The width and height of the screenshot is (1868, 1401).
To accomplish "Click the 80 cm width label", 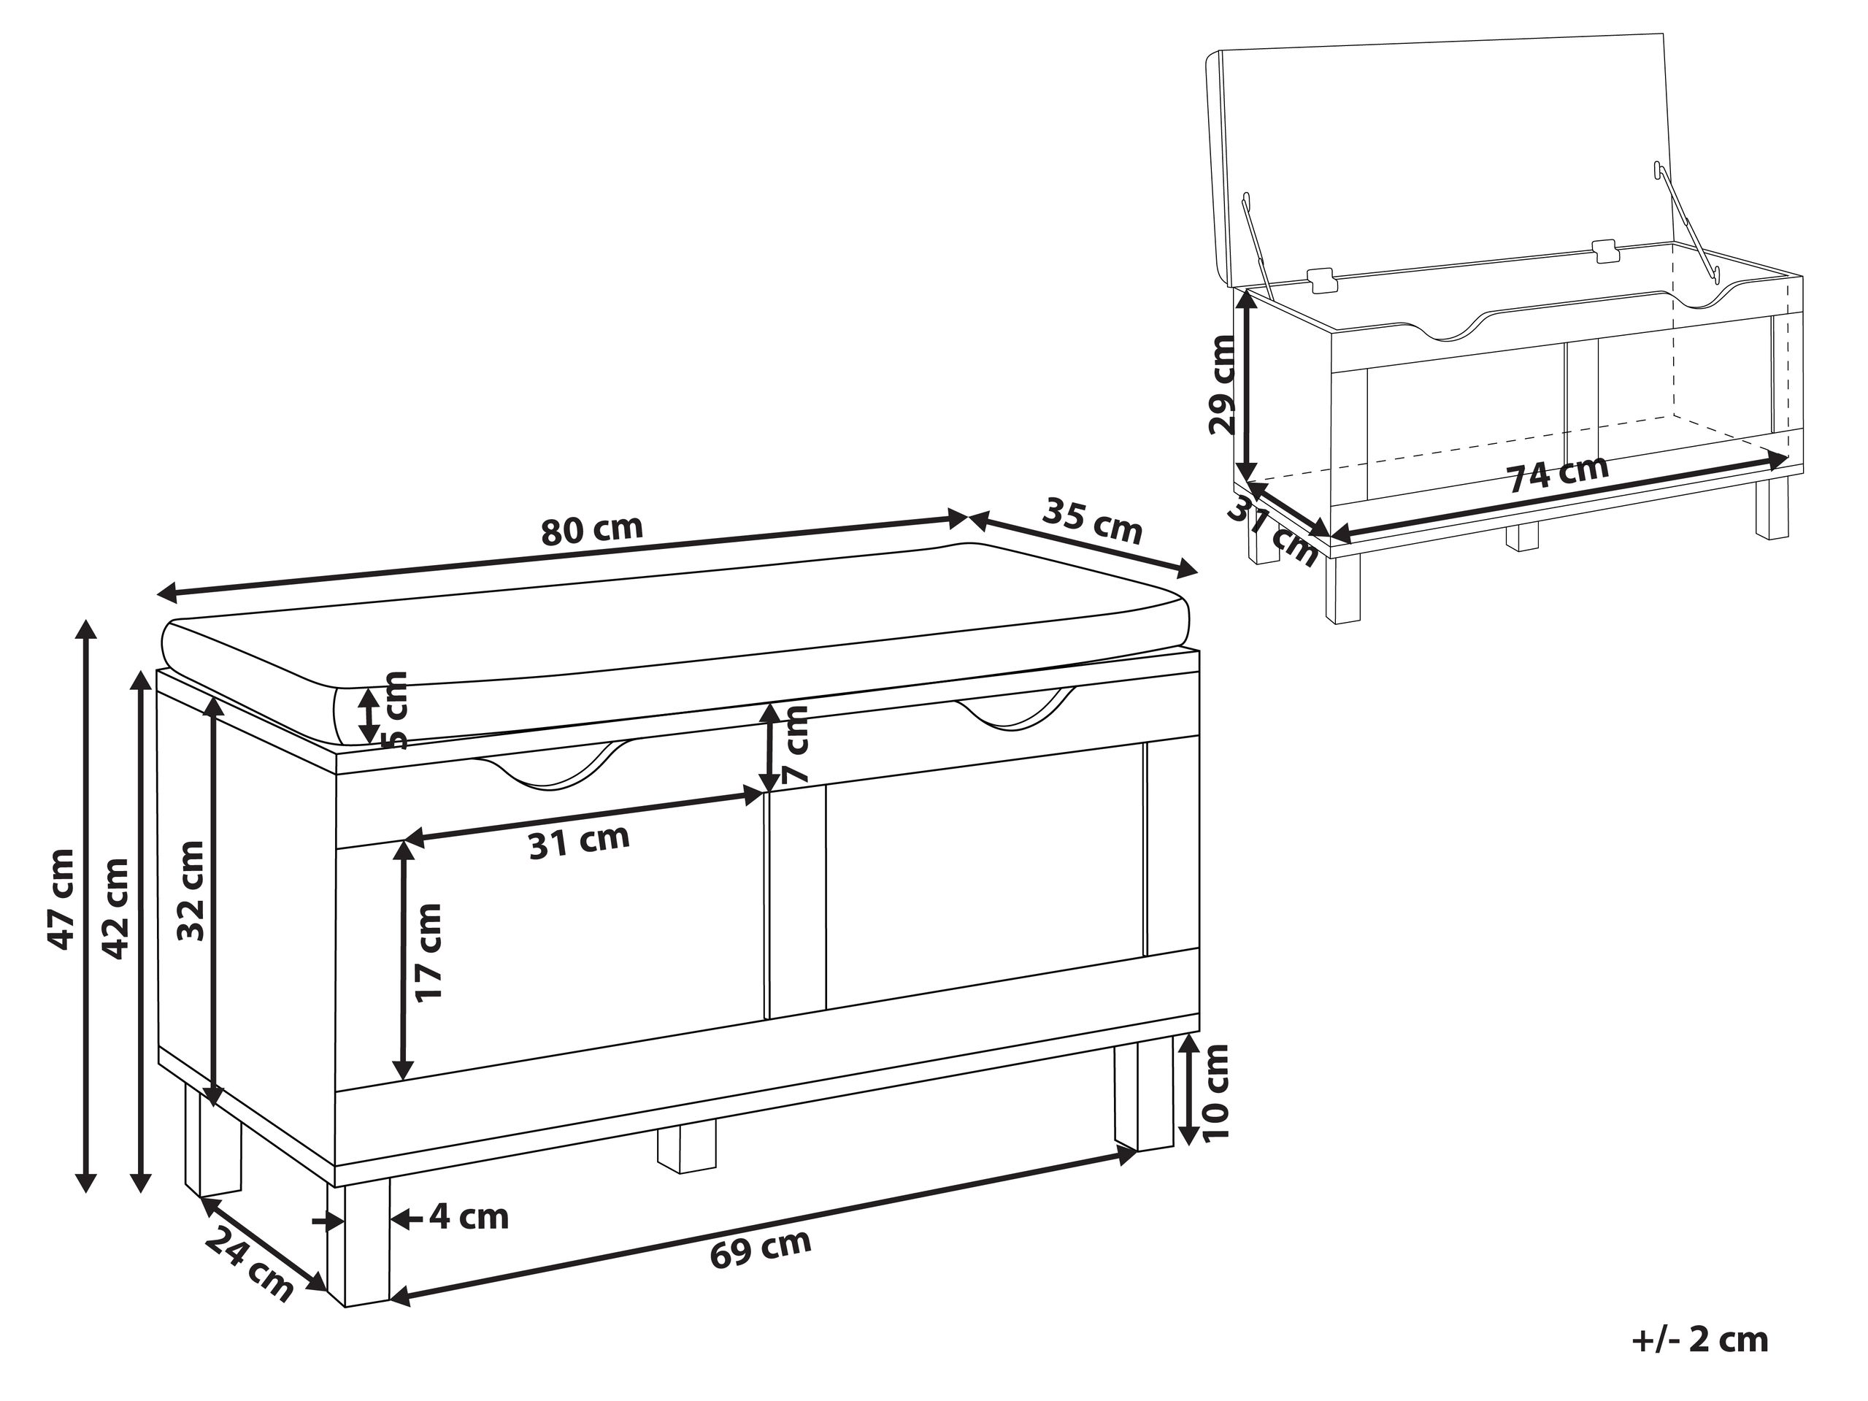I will click(x=591, y=529).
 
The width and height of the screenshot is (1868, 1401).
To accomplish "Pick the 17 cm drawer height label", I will click(x=429, y=953).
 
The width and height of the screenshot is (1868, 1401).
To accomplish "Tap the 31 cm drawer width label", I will click(x=580, y=841).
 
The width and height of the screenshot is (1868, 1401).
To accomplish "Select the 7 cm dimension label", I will click(x=795, y=745).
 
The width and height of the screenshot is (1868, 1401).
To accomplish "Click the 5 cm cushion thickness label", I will click(x=393, y=710).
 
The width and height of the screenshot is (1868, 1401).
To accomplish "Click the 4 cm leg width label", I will click(x=469, y=1217).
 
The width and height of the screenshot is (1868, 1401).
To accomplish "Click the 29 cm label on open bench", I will click(x=1221, y=384).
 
